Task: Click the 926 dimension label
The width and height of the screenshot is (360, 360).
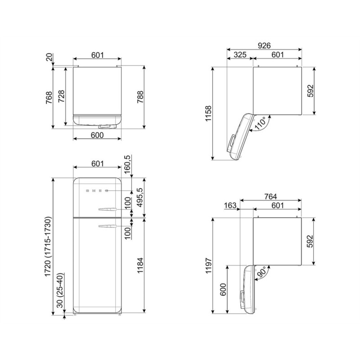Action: point(264,46)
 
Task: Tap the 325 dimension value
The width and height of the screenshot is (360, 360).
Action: point(240,55)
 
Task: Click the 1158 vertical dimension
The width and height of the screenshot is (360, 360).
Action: point(208,113)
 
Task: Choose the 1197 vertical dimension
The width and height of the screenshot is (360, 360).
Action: point(208,265)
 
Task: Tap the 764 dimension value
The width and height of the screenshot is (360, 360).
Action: point(270,197)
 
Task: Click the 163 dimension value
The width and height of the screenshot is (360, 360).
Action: point(230,205)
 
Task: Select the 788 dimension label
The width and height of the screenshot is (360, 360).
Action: point(140,97)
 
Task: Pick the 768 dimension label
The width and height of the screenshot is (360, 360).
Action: point(49,97)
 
